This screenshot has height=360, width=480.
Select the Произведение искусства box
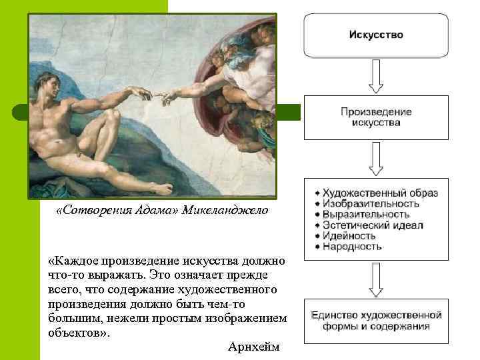point(376,117)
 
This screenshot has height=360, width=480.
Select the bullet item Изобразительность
point(371,204)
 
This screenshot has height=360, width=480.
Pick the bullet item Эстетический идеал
point(373,225)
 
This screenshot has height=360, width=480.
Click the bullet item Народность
point(352,247)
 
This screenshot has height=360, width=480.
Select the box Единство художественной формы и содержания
point(376,320)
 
